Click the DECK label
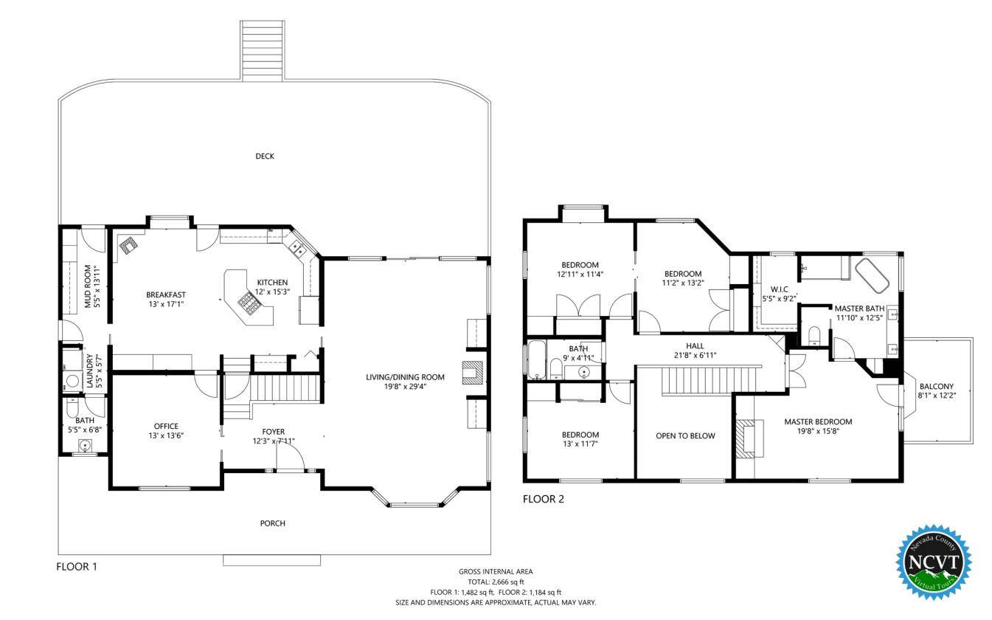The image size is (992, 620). [265, 156]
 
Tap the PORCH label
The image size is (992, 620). [272, 523]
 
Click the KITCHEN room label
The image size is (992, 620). [272, 282]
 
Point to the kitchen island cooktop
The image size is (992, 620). [249, 303]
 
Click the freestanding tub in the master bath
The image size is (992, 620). [872, 275]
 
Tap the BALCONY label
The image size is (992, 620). [937, 387]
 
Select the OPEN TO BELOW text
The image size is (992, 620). [685, 436]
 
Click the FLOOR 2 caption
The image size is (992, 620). [544, 499]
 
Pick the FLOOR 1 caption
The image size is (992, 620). [77, 566]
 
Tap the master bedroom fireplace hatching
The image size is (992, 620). [746, 438]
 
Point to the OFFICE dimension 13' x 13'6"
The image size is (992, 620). [166, 435]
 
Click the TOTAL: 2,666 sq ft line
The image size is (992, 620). [496, 582]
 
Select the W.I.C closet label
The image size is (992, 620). [780, 289]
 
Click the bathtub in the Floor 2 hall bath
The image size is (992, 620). [537, 359]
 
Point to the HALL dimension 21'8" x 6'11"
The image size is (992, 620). [695, 355]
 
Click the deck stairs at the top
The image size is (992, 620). [262, 50]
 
